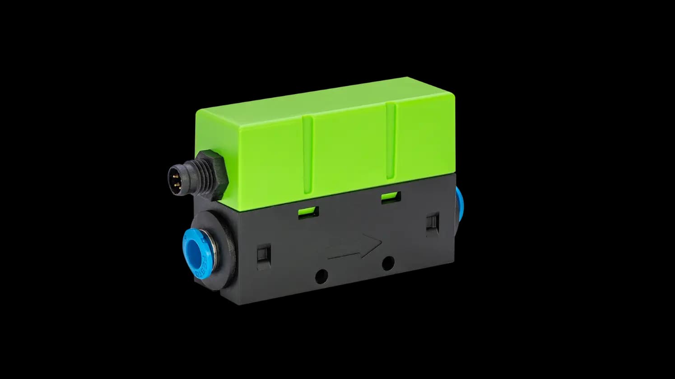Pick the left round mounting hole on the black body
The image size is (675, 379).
tap(321, 276)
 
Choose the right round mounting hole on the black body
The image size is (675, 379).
tap(388, 263)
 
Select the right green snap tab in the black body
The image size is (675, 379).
tap(391, 197)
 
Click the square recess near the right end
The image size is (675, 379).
tap(433, 223)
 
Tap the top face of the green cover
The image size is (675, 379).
tap(325, 97)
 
